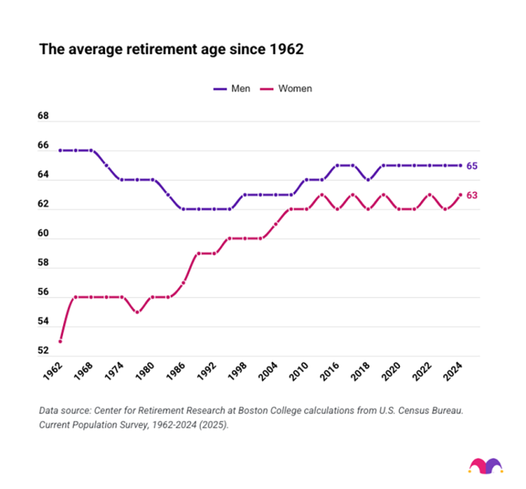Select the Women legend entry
point(288,88)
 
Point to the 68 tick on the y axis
point(43,117)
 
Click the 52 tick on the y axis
point(43,351)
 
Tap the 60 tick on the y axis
point(43,234)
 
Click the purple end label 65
point(472,166)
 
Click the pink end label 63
point(472,195)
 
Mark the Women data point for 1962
point(60,341)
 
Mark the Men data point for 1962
point(60,150)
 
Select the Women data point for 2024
point(460,195)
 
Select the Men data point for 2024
point(460,166)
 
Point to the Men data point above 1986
point(183,209)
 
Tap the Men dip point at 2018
point(368,180)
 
